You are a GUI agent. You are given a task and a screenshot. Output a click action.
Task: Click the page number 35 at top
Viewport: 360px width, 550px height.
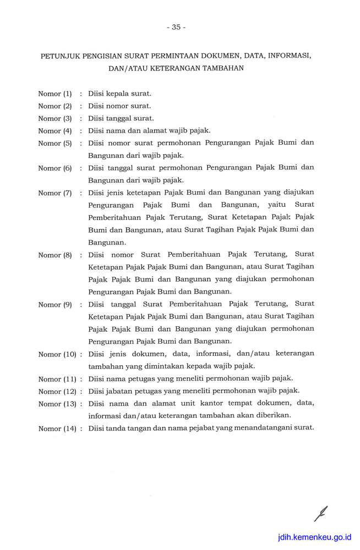(x=176, y=27)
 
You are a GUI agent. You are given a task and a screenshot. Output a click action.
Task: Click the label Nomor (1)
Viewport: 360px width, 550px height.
(x=55, y=94)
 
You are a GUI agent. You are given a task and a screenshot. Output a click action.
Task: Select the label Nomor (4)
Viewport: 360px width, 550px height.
(x=55, y=131)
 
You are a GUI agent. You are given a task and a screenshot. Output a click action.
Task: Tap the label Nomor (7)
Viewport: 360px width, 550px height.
(x=55, y=193)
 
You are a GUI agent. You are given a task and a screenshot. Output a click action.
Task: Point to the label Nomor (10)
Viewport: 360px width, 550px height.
(x=57, y=354)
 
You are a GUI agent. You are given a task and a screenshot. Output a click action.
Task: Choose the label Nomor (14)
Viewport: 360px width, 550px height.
(x=57, y=429)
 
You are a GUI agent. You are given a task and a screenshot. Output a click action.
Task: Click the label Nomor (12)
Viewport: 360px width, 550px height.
(x=57, y=392)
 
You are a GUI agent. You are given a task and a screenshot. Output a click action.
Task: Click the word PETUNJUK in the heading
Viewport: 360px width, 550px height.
(x=61, y=56)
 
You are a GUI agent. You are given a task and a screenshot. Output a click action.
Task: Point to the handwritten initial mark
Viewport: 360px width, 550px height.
(x=321, y=513)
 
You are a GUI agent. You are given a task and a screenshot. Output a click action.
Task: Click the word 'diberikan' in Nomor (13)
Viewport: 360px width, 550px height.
(x=274, y=415)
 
